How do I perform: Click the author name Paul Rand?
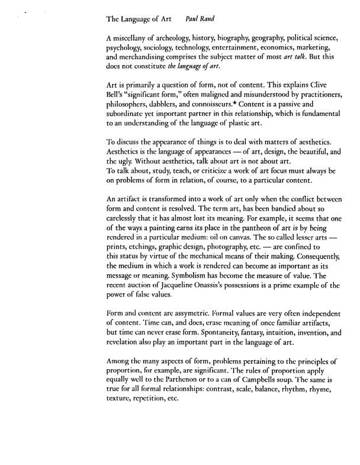(201, 18)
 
